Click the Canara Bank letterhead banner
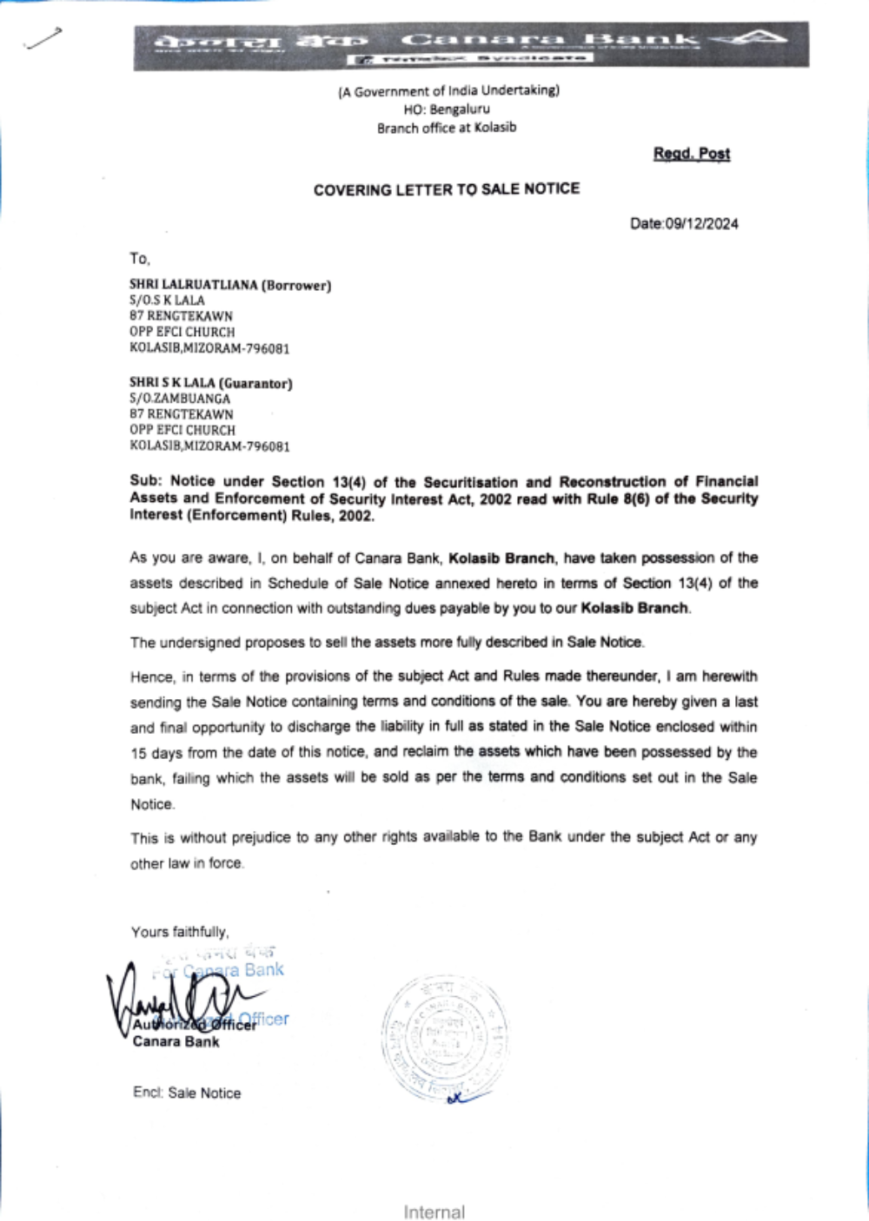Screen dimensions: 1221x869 (x=470, y=46)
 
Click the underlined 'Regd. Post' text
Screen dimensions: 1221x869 (x=692, y=154)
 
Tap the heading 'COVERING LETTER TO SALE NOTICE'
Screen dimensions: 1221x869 (x=446, y=189)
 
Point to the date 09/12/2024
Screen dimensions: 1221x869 (x=701, y=224)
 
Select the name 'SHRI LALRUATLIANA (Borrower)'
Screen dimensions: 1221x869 (x=230, y=285)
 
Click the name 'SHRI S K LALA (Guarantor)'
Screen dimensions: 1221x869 (x=211, y=383)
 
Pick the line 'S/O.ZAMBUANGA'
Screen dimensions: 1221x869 (x=180, y=399)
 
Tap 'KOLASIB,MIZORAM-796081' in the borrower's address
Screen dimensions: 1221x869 (x=209, y=348)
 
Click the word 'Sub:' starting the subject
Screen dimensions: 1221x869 (x=146, y=481)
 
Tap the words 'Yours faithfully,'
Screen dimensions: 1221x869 (x=180, y=932)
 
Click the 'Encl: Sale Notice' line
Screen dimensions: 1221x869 (x=187, y=1093)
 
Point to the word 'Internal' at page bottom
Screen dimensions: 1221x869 (x=434, y=1212)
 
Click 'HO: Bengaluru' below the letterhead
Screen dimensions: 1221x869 (x=447, y=109)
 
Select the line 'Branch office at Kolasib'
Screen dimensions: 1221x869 (x=447, y=128)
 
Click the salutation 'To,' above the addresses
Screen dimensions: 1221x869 (x=140, y=259)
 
